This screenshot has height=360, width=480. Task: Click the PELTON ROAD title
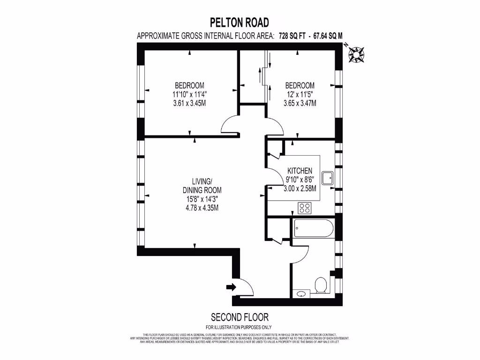[240, 22]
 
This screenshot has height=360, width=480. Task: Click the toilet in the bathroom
[321, 285]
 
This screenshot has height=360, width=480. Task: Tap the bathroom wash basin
[301, 294]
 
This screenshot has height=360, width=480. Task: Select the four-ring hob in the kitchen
[305, 207]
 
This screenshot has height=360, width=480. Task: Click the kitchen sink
[328, 178]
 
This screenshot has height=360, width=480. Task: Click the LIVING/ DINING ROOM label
[202, 186]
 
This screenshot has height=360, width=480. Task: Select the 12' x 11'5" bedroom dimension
[300, 94]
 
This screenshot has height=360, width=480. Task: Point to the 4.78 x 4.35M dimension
[202, 208]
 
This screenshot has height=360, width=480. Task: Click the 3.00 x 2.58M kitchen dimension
[300, 188]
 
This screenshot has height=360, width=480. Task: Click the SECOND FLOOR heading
[240, 317]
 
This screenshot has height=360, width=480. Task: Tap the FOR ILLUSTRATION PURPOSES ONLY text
[239, 327]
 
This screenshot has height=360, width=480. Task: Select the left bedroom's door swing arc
[230, 124]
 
